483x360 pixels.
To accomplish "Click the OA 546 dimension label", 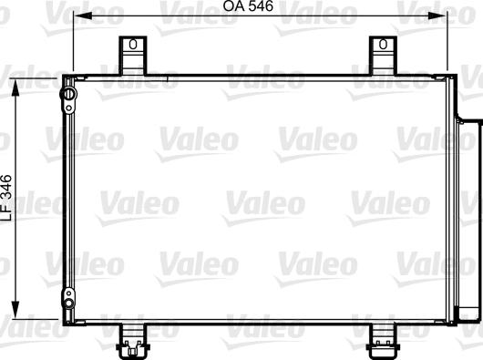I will click(248, 7).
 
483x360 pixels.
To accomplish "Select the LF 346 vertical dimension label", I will click(6, 196).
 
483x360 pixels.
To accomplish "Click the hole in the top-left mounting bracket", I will click(133, 44).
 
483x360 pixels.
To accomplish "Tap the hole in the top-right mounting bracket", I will click(384, 44).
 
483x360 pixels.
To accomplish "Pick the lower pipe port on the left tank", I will click(67, 294).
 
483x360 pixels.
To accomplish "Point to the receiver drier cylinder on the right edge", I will click(468, 219).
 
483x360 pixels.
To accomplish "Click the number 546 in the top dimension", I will click(262, 7).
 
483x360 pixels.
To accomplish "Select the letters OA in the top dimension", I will click(232, 7).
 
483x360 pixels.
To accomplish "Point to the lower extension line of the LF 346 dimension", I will click(36, 314).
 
